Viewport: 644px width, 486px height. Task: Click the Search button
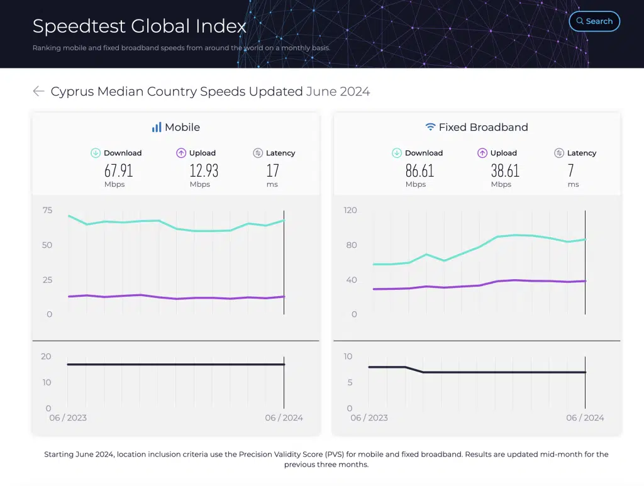coord(594,21)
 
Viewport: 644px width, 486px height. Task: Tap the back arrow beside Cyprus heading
coord(38,92)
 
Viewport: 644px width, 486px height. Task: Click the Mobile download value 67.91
coord(118,170)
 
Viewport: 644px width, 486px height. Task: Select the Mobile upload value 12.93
coord(204,170)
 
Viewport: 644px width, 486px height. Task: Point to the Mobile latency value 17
coord(272,170)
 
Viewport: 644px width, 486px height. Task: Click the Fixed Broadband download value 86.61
coord(419,170)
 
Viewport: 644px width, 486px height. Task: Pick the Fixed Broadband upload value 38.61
coord(505,170)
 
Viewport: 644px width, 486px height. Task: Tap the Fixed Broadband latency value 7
coord(571,170)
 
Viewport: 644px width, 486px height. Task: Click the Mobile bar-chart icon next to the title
coord(157,127)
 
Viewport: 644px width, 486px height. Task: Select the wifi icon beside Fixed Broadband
coord(430,127)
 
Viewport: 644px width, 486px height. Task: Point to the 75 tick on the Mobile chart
coord(48,211)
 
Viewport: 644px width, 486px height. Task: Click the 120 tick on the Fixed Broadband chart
coord(350,211)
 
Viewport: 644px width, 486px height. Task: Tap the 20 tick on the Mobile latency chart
coord(46,356)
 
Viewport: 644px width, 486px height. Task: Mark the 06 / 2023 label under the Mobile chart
coord(68,418)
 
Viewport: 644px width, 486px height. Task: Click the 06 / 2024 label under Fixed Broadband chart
coord(585,418)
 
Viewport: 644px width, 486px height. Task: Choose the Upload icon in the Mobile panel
coord(181,153)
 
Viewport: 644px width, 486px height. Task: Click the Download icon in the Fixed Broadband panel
coord(397,153)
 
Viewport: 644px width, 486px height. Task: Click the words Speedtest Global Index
coord(140,26)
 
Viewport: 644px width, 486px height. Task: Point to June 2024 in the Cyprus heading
coord(338,92)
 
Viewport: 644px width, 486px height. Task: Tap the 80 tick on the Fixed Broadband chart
coord(351,245)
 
